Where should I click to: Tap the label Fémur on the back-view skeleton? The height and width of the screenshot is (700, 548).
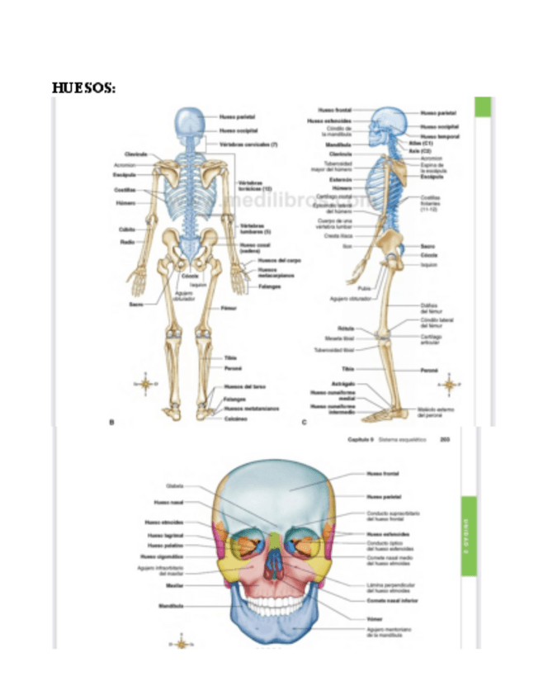(x=229, y=309)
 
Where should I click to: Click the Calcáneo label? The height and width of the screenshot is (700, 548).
(x=234, y=419)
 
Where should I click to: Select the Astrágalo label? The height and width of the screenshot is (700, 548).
(x=342, y=384)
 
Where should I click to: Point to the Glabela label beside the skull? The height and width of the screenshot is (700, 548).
(x=175, y=486)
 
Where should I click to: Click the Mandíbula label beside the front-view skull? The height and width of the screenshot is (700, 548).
(x=172, y=605)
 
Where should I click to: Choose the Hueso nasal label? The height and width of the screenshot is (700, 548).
(x=168, y=502)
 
